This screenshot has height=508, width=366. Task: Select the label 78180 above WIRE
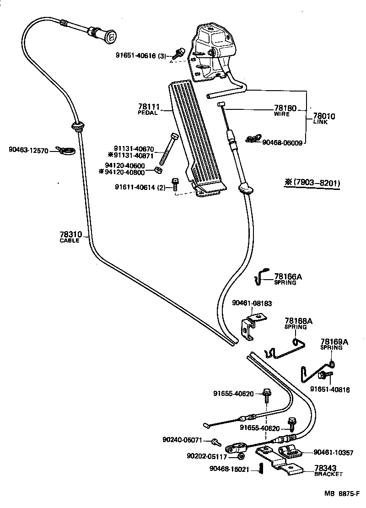[285, 108]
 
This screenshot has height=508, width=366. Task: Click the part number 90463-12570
[28, 150]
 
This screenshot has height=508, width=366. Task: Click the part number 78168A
[298, 321]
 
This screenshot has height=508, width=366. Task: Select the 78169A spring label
[334, 341]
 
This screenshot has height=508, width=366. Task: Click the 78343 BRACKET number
[325, 468]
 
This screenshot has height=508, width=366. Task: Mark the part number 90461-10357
[334, 453]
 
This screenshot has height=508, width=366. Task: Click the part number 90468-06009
[282, 142]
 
